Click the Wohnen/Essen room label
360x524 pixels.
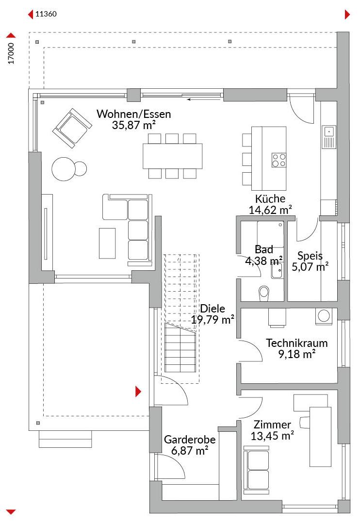(x=134, y=114)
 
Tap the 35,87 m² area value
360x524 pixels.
(x=134, y=125)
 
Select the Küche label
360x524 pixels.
(x=270, y=198)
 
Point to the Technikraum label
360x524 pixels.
(x=296, y=343)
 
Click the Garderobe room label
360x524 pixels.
(x=190, y=440)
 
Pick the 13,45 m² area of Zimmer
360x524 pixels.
(x=272, y=436)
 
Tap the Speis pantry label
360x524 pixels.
(x=310, y=256)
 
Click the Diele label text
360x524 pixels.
(x=212, y=309)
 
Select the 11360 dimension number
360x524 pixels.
(x=46, y=14)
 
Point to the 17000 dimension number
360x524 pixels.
(x=11, y=53)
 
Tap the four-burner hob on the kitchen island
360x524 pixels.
(x=279, y=160)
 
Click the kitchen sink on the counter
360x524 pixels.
(x=329, y=137)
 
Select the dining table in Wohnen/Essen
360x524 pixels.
(x=172, y=156)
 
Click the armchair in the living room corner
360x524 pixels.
(x=72, y=128)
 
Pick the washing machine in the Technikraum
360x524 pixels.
(x=324, y=316)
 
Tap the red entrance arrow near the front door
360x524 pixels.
(x=138, y=392)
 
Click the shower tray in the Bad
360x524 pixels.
(x=270, y=234)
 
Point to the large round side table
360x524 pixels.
(x=63, y=169)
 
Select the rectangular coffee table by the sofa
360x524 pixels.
(x=107, y=243)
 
